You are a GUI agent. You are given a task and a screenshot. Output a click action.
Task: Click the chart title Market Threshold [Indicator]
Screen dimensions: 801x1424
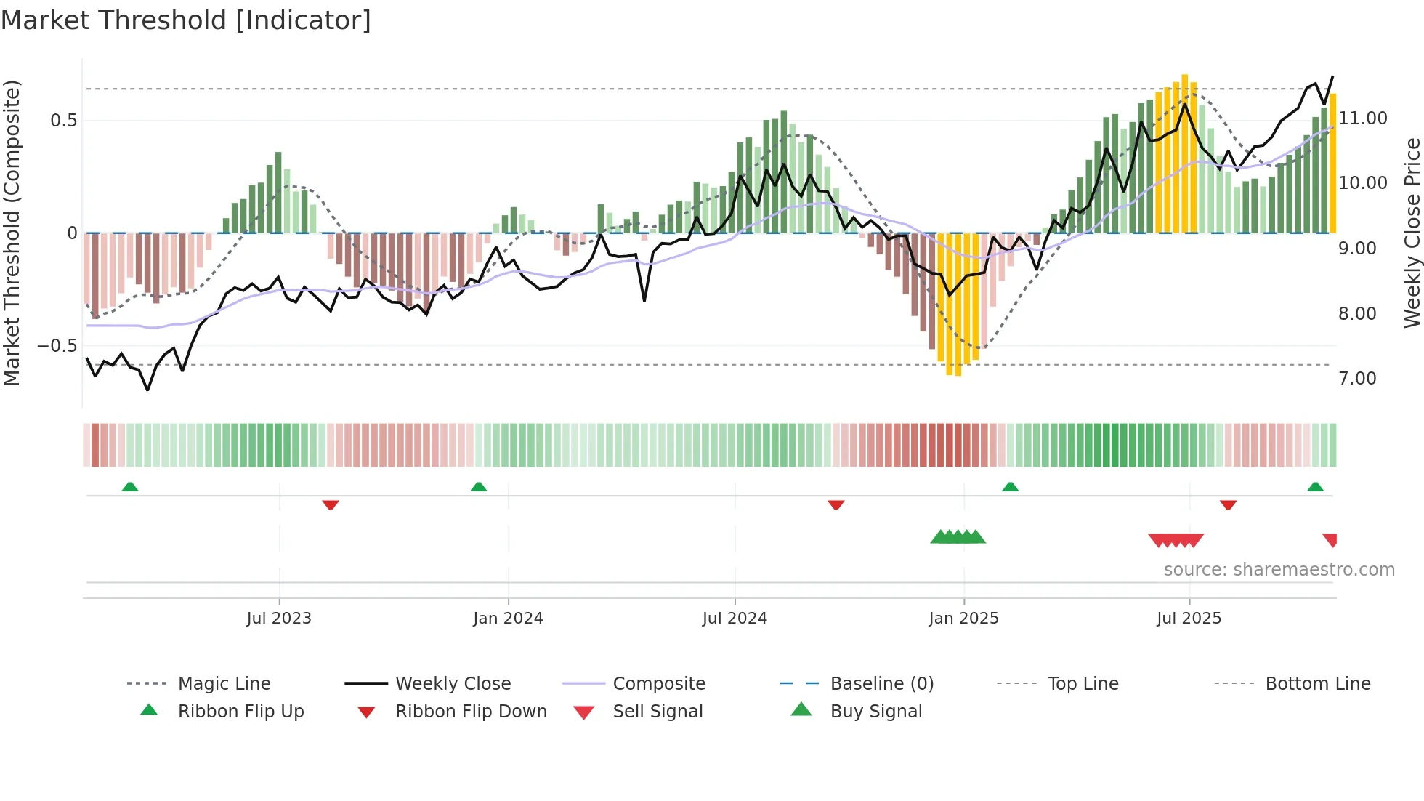click(x=186, y=20)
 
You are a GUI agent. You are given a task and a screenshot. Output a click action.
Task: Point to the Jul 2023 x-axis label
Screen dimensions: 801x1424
click(x=279, y=619)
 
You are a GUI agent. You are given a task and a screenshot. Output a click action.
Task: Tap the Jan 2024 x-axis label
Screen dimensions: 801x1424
click(x=508, y=619)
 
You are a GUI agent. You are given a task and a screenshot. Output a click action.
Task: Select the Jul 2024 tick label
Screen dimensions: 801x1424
click(x=735, y=619)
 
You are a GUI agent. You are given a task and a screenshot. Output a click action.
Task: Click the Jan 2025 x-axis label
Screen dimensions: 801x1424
click(x=963, y=619)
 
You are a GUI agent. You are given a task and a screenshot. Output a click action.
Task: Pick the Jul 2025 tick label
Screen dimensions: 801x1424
click(x=1189, y=619)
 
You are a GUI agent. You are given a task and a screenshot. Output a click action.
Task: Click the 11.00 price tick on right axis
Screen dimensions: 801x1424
click(x=1363, y=118)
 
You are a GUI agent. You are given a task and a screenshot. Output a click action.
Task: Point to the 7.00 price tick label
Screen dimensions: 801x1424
click(x=1357, y=379)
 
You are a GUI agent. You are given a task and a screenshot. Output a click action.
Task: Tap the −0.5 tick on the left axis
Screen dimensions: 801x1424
click(x=57, y=346)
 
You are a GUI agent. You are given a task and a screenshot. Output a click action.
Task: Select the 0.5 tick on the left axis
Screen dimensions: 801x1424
click(x=64, y=121)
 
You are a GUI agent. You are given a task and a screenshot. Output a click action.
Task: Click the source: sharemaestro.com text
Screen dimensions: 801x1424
click(x=1279, y=570)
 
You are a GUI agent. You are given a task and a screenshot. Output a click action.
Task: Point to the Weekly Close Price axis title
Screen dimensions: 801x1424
click(x=1412, y=233)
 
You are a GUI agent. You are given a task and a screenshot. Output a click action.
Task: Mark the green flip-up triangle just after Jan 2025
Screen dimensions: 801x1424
click(x=1010, y=487)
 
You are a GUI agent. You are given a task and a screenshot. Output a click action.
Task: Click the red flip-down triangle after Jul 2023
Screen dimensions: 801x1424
click(x=331, y=504)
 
